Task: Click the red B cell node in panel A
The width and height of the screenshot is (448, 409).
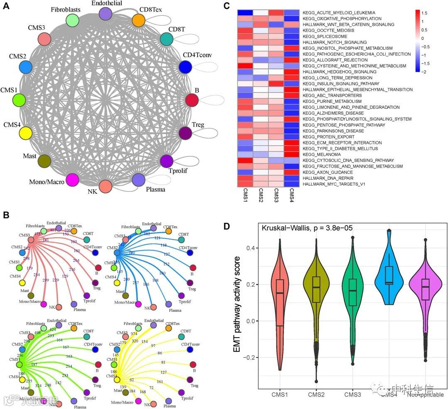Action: tap(192, 100)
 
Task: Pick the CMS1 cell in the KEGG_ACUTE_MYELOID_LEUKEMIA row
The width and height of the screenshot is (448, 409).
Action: tap(245, 12)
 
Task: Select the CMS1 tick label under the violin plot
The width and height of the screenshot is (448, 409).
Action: tap(280, 394)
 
